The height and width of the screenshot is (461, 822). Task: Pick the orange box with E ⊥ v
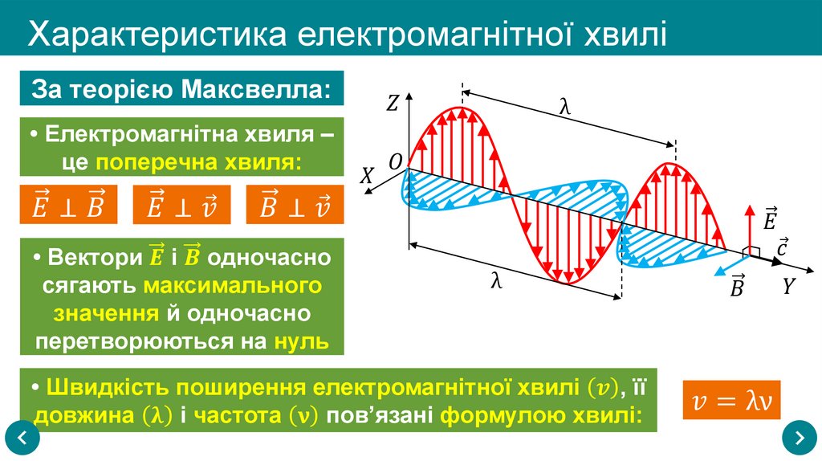coord(181,205)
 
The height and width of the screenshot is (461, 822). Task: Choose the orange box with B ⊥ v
coord(295,205)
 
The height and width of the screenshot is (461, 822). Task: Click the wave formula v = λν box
coord(731,399)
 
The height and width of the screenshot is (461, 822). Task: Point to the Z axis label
coord(393,102)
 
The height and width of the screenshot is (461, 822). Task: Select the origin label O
coord(395,162)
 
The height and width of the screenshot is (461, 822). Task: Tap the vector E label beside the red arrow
coord(770,218)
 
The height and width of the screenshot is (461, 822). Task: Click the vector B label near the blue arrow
coord(736,287)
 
